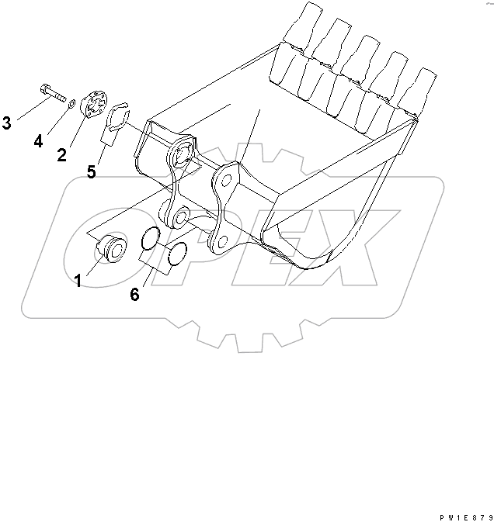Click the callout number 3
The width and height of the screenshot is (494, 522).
tap(7, 122)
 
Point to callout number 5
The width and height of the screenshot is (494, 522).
tap(92, 172)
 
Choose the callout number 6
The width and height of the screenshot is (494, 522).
tap(135, 295)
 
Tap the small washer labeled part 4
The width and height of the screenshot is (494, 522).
tap(71, 102)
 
